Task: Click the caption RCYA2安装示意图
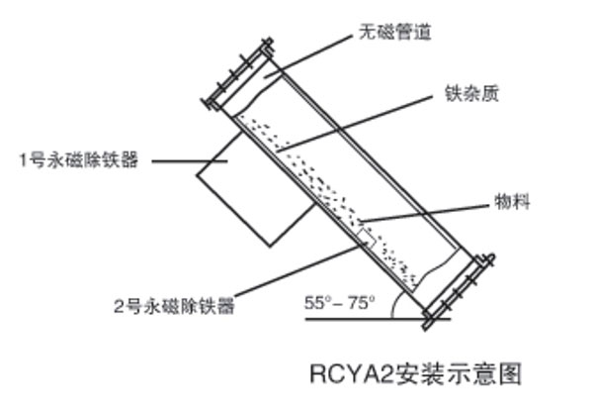point(415,373)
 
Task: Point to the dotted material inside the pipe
point(326,188)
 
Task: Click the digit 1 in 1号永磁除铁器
point(23,158)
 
